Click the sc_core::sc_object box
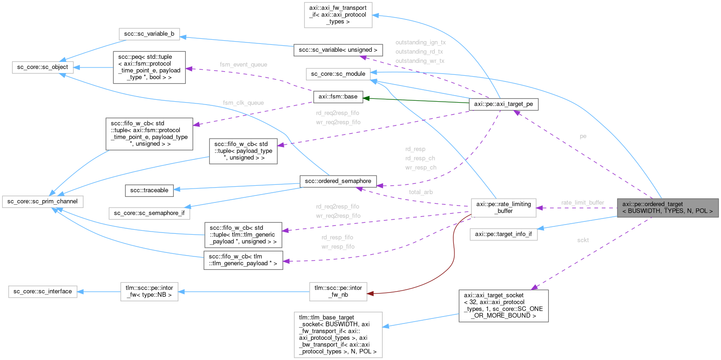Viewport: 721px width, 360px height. (41, 67)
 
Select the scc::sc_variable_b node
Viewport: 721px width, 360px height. (149, 34)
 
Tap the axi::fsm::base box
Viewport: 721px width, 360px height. (338, 97)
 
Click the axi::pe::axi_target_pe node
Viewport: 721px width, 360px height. (503, 105)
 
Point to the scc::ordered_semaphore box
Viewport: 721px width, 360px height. (338, 181)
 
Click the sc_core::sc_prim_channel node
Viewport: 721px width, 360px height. (43, 201)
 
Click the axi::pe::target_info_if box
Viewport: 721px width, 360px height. (503, 234)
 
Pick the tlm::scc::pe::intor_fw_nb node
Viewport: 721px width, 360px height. (338, 291)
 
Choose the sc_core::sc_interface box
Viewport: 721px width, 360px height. (43, 292)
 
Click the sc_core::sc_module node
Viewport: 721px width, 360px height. (338, 73)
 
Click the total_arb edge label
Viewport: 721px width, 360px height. (420, 191)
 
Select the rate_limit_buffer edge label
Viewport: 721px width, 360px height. (582, 202)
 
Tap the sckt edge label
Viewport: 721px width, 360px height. (583, 240)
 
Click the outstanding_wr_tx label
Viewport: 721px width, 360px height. (420, 61)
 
